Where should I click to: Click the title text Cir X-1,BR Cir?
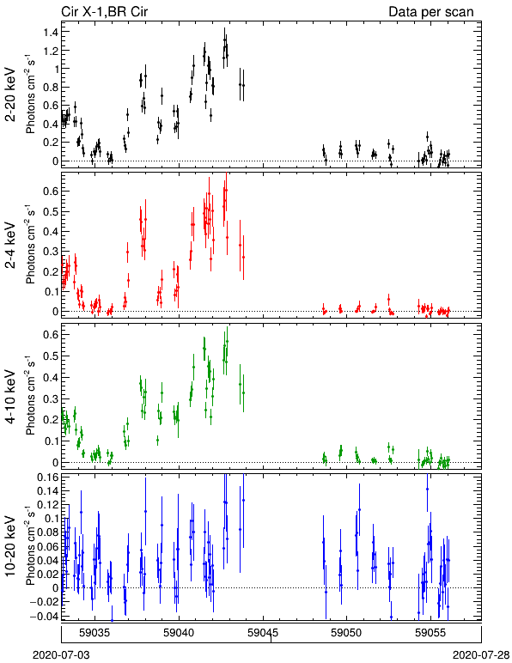105,11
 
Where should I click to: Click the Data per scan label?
431,12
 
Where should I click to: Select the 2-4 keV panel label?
10,246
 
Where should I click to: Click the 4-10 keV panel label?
10,397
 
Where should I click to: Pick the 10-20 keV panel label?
10,546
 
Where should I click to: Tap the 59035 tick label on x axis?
94,633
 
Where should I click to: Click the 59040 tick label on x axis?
179,633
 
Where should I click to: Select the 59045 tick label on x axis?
263,633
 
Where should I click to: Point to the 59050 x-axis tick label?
346,633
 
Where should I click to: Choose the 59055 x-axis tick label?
430,633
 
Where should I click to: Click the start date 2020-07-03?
61,655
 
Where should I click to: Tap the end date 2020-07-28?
481,655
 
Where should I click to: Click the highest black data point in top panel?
225,40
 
